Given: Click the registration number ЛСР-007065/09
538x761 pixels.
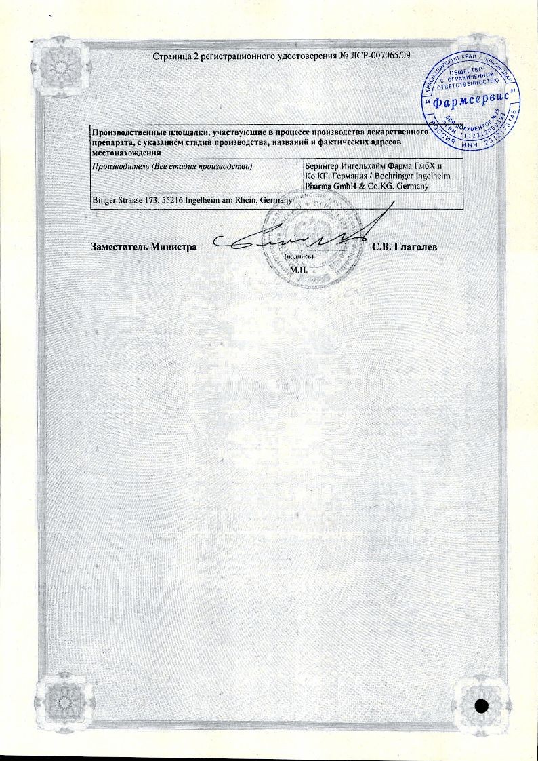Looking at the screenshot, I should pyautogui.click(x=381, y=54).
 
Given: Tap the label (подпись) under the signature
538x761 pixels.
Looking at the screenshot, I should pyautogui.click(x=298, y=258).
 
